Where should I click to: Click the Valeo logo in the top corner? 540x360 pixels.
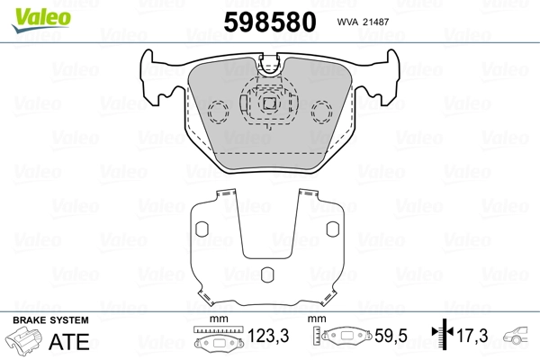pos(41,20)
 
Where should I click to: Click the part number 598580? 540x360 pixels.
pos(270,22)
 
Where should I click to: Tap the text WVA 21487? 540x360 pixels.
pos(363,22)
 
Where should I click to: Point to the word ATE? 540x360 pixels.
pos(69,341)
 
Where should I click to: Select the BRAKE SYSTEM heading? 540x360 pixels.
pos(50,320)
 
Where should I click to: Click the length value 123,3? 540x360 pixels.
pos(268,336)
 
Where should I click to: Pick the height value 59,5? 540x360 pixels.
pos(391,336)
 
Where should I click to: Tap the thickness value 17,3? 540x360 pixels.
pos(472,336)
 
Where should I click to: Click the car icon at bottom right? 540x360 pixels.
pos(516,335)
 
